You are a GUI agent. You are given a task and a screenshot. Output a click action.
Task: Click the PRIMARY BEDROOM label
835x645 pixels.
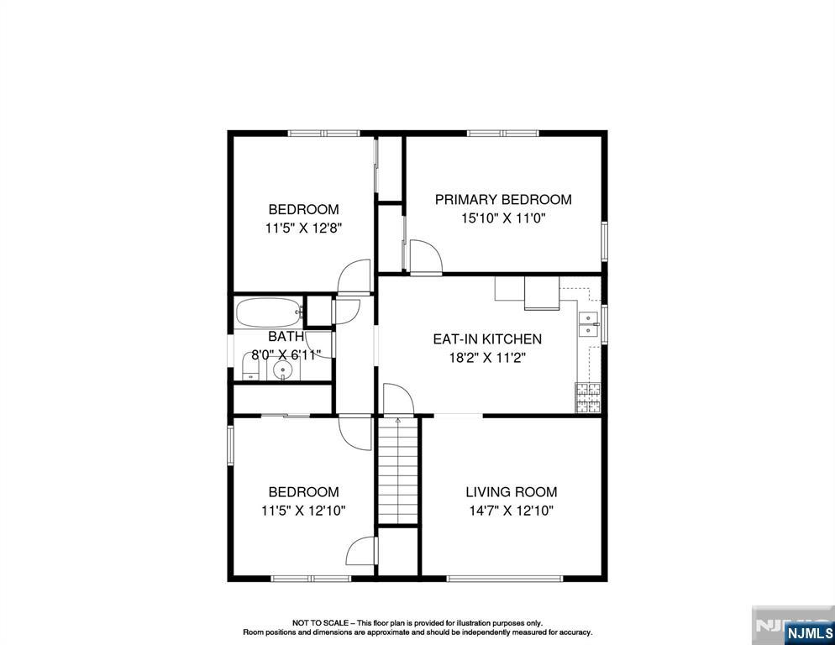click(503, 200)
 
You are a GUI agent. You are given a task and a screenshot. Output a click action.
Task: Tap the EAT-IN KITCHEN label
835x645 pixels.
click(487, 339)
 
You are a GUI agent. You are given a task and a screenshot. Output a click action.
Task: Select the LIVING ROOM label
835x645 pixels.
click(512, 492)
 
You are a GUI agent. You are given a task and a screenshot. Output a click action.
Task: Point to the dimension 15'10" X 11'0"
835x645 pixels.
click(503, 218)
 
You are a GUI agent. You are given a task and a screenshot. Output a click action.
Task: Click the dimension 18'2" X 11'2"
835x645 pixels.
click(487, 357)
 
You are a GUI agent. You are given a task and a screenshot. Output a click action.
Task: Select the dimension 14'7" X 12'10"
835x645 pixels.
click(512, 510)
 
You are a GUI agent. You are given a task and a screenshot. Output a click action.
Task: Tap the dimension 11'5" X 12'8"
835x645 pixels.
click(303, 227)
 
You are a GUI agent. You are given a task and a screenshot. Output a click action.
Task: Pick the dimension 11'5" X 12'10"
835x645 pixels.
click(303, 510)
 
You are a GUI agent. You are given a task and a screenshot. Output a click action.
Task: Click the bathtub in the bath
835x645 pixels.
click(269, 313)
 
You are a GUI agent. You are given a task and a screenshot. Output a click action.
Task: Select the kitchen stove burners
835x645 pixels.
click(588, 397)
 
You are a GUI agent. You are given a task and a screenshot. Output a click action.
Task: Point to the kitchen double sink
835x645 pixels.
click(589, 324)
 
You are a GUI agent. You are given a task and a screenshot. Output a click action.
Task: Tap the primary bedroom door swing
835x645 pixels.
click(424, 254)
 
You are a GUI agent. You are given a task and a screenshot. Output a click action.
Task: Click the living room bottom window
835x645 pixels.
click(505, 578)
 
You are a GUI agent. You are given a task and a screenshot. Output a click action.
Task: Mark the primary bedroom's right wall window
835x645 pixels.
click(604, 240)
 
